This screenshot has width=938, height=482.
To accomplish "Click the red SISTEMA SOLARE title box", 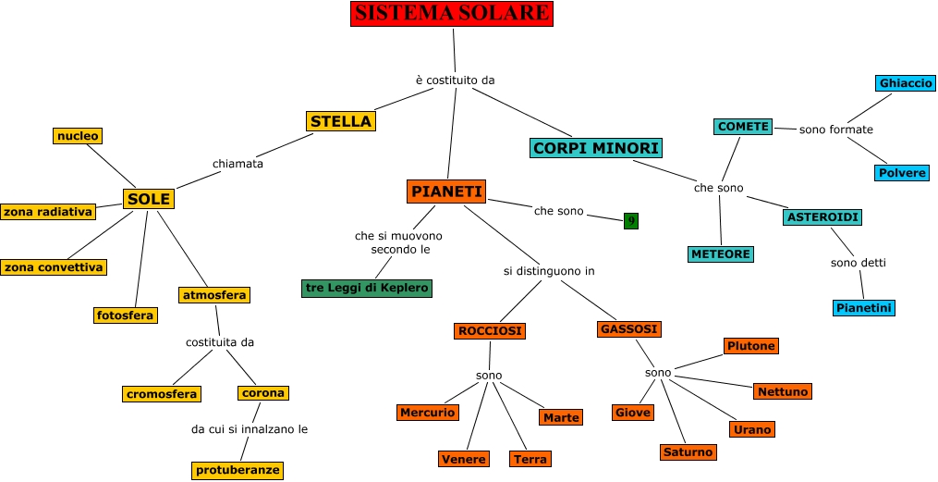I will pyautogui.click(x=452, y=13).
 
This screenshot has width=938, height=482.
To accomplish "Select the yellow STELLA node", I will pyautogui.click(x=341, y=121).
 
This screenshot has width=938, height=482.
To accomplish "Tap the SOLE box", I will pyautogui.click(x=149, y=199).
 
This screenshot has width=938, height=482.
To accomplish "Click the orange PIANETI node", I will pyautogui.click(x=447, y=192).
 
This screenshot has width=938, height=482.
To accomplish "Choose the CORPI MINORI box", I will pyautogui.click(x=596, y=148).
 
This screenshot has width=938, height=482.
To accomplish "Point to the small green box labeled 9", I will pyautogui.click(x=630, y=220).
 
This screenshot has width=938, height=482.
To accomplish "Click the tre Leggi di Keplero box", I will pyautogui.click(x=367, y=288).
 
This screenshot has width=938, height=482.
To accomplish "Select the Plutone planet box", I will pyautogui.click(x=751, y=346).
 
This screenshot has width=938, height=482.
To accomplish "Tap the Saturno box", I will pyautogui.click(x=688, y=452).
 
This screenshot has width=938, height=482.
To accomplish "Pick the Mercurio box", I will pyautogui.click(x=428, y=413).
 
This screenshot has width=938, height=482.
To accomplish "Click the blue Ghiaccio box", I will pyautogui.click(x=906, y=83).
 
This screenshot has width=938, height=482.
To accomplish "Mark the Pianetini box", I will pyautogui.click(x=864, y=308).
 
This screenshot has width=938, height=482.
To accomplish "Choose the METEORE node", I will pyautogui.click(x=721, y=253).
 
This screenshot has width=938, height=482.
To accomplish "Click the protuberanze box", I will pyautogui.click(x=238, y=470).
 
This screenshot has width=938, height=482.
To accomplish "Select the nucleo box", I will pyautogui.click(x=78, y=136).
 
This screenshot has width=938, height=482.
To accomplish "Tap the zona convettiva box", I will pyautogui.click(x=53, y=267).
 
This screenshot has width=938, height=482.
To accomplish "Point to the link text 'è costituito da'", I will pyautogui.click(x=456, y=80).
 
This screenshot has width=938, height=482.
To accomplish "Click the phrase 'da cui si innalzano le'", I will pyautogui.click(x=250, y=429).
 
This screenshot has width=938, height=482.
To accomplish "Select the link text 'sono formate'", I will pyautogui.click(x=835, y=130).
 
